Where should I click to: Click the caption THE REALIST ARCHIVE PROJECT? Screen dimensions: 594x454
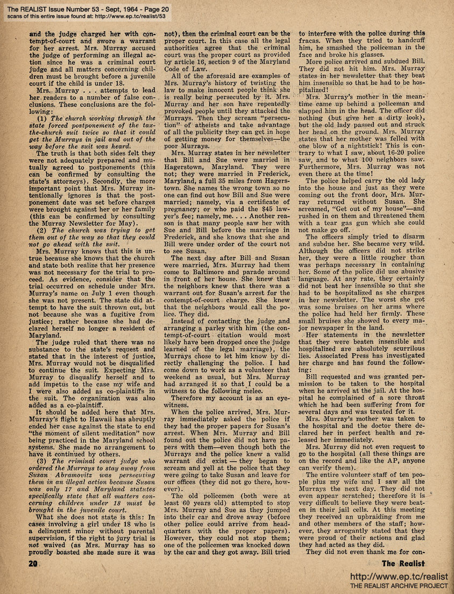point(399,585)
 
